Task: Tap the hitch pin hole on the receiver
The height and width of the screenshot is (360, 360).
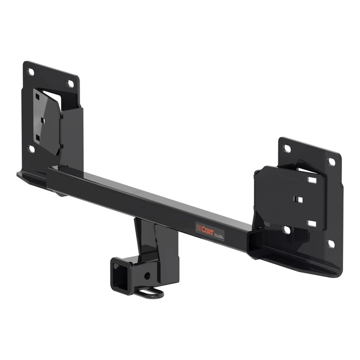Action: click(x=148, y=276)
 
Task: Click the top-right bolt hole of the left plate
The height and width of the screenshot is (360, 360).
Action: click(x=70, y=83)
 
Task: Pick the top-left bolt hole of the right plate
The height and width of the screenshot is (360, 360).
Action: click(x=287, y=149)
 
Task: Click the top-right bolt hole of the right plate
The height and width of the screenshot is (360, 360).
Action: click(x=332, y=162)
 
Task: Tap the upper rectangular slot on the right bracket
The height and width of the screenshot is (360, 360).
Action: click(x=312, y=180)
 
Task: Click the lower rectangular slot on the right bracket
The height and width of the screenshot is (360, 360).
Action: click(x=311, y=223)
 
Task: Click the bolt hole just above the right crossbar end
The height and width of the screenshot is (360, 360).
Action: click(x=286, y=229)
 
